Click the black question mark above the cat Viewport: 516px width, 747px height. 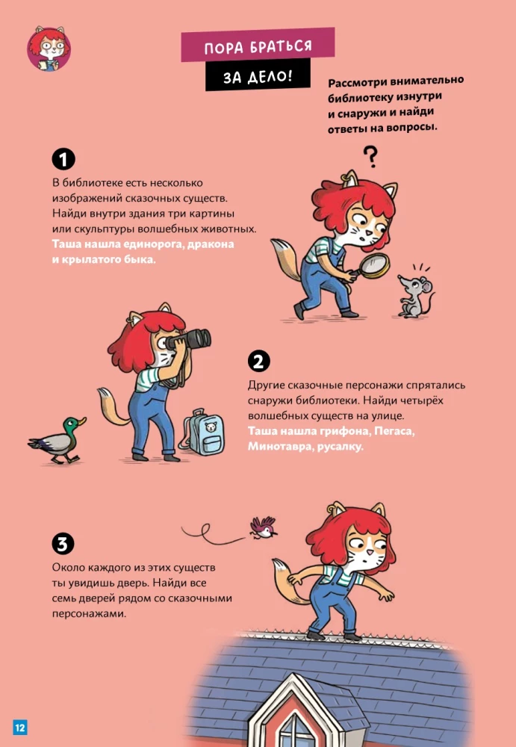[369, 156]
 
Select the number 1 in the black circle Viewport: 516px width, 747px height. [63, 158]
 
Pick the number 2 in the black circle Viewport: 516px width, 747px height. [258, 362]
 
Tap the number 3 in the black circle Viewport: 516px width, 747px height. [63, 543]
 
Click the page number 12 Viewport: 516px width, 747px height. [19, 727]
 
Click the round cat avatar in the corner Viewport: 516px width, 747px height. [49, 49]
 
